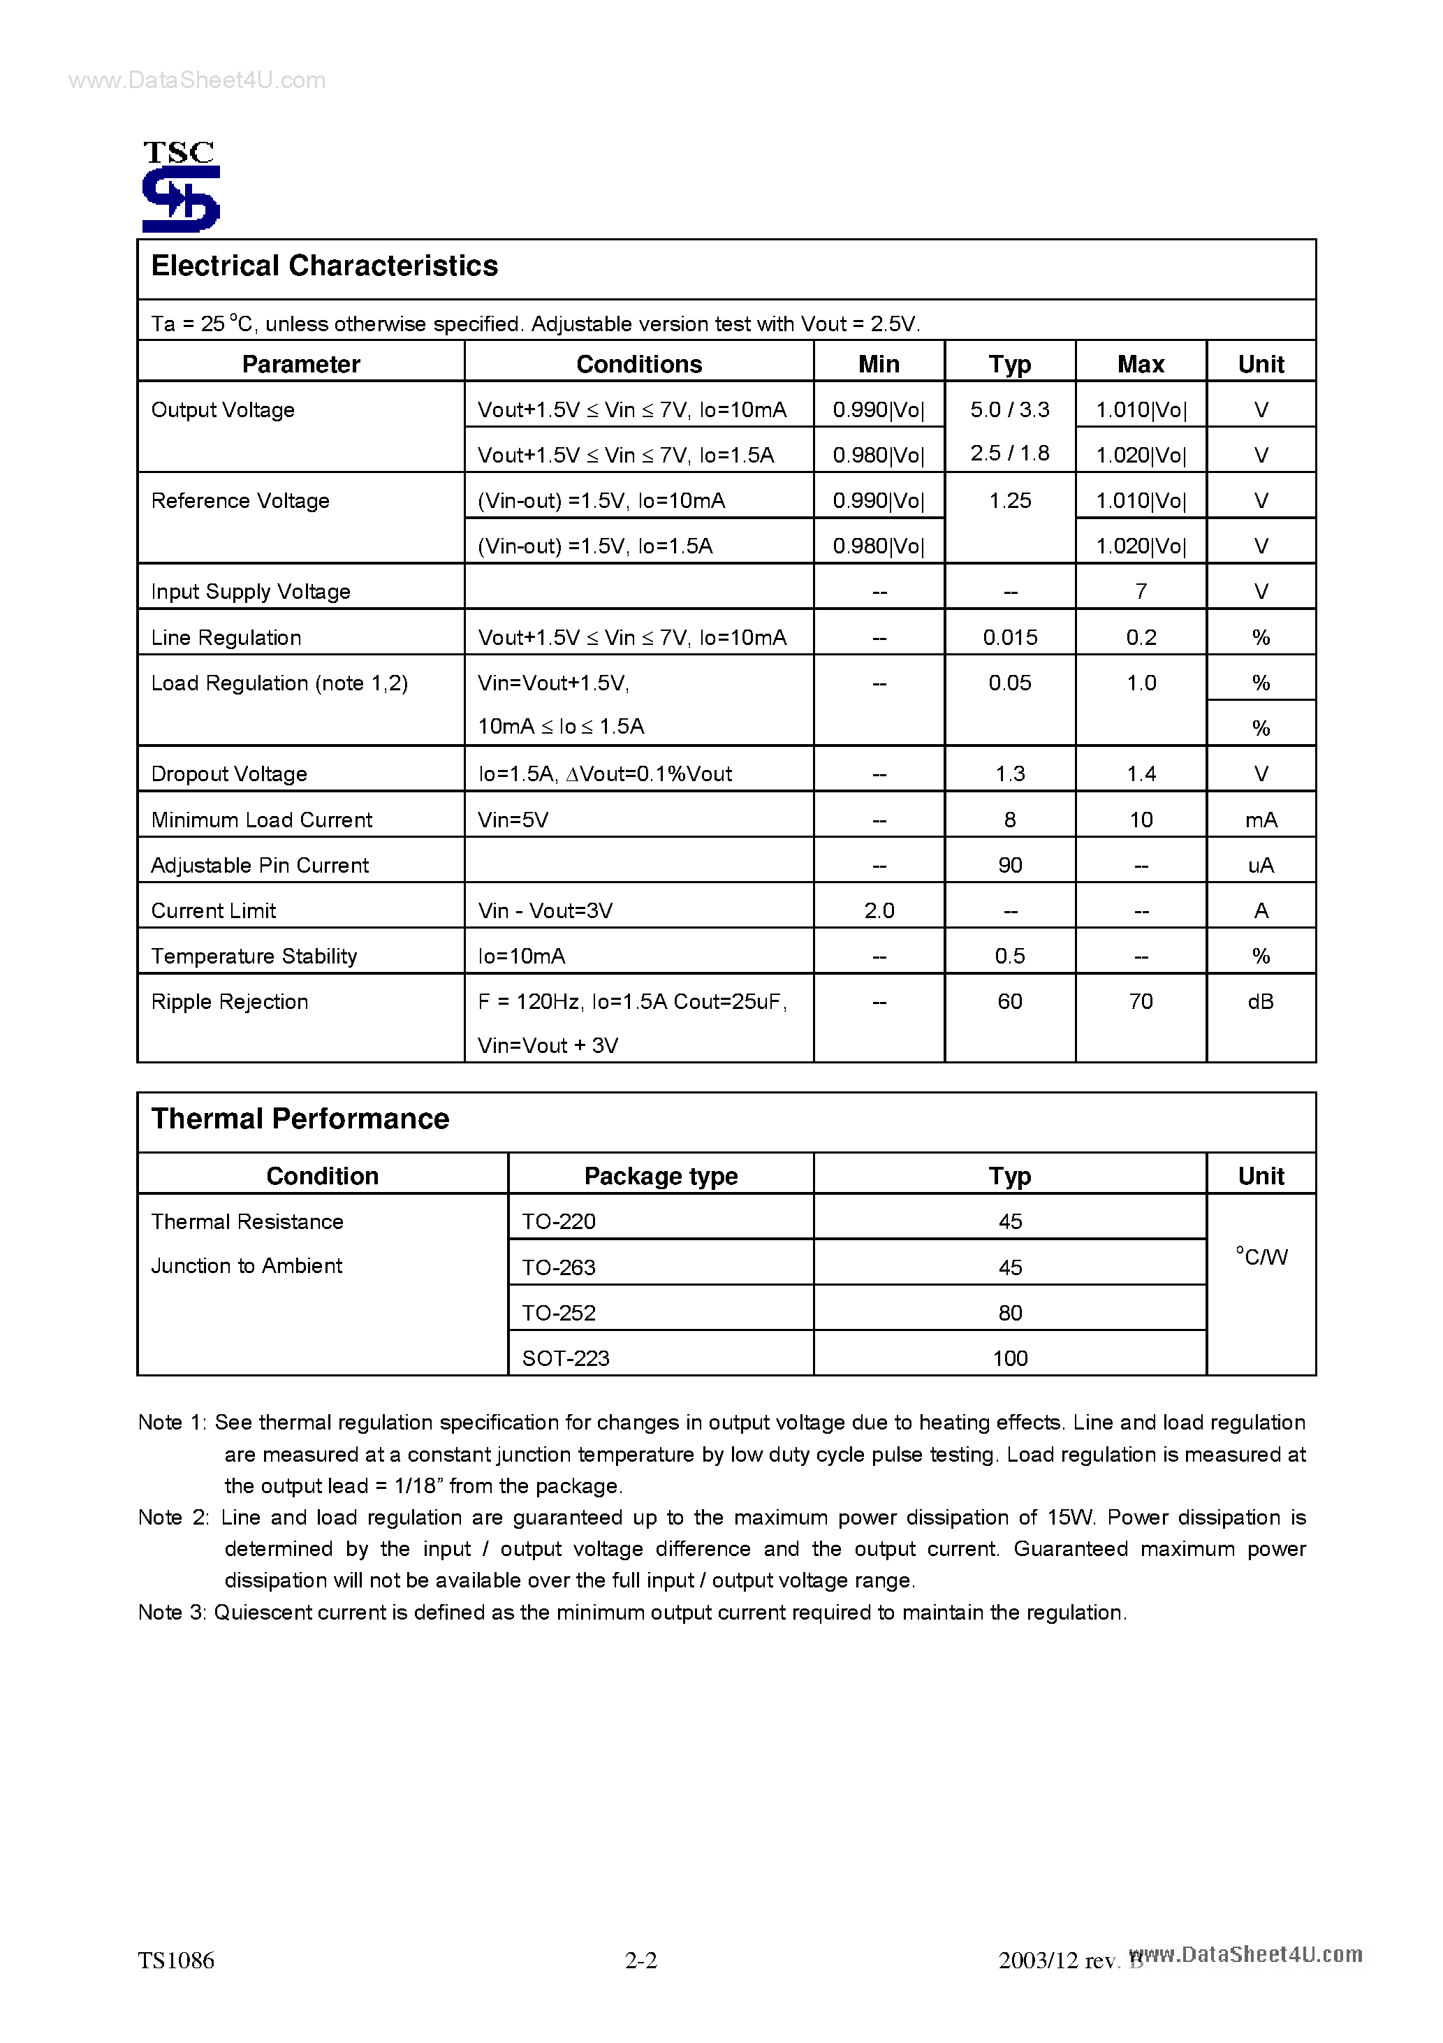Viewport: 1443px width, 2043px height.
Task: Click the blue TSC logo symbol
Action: pos(181,199)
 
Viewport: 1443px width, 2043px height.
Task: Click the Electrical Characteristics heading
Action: pos(324,266)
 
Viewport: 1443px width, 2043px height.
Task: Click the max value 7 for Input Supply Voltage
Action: pos(1141,592)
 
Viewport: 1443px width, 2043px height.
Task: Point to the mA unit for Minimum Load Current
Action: pos(1260,820)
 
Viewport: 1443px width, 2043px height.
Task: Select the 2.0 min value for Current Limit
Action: pos(878,910)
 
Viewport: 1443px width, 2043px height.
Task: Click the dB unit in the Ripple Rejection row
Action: pos(1260,1001)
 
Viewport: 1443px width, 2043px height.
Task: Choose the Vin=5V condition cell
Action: pos(513,820)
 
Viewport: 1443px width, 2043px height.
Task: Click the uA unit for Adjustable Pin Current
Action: pos(1260,865)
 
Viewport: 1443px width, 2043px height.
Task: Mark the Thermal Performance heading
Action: pos(300,1119)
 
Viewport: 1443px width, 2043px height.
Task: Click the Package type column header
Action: pos(660,1175)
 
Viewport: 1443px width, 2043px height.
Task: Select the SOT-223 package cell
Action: pos(565,1358)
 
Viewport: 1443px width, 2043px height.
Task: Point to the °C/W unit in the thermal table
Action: pos(1261,1256)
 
